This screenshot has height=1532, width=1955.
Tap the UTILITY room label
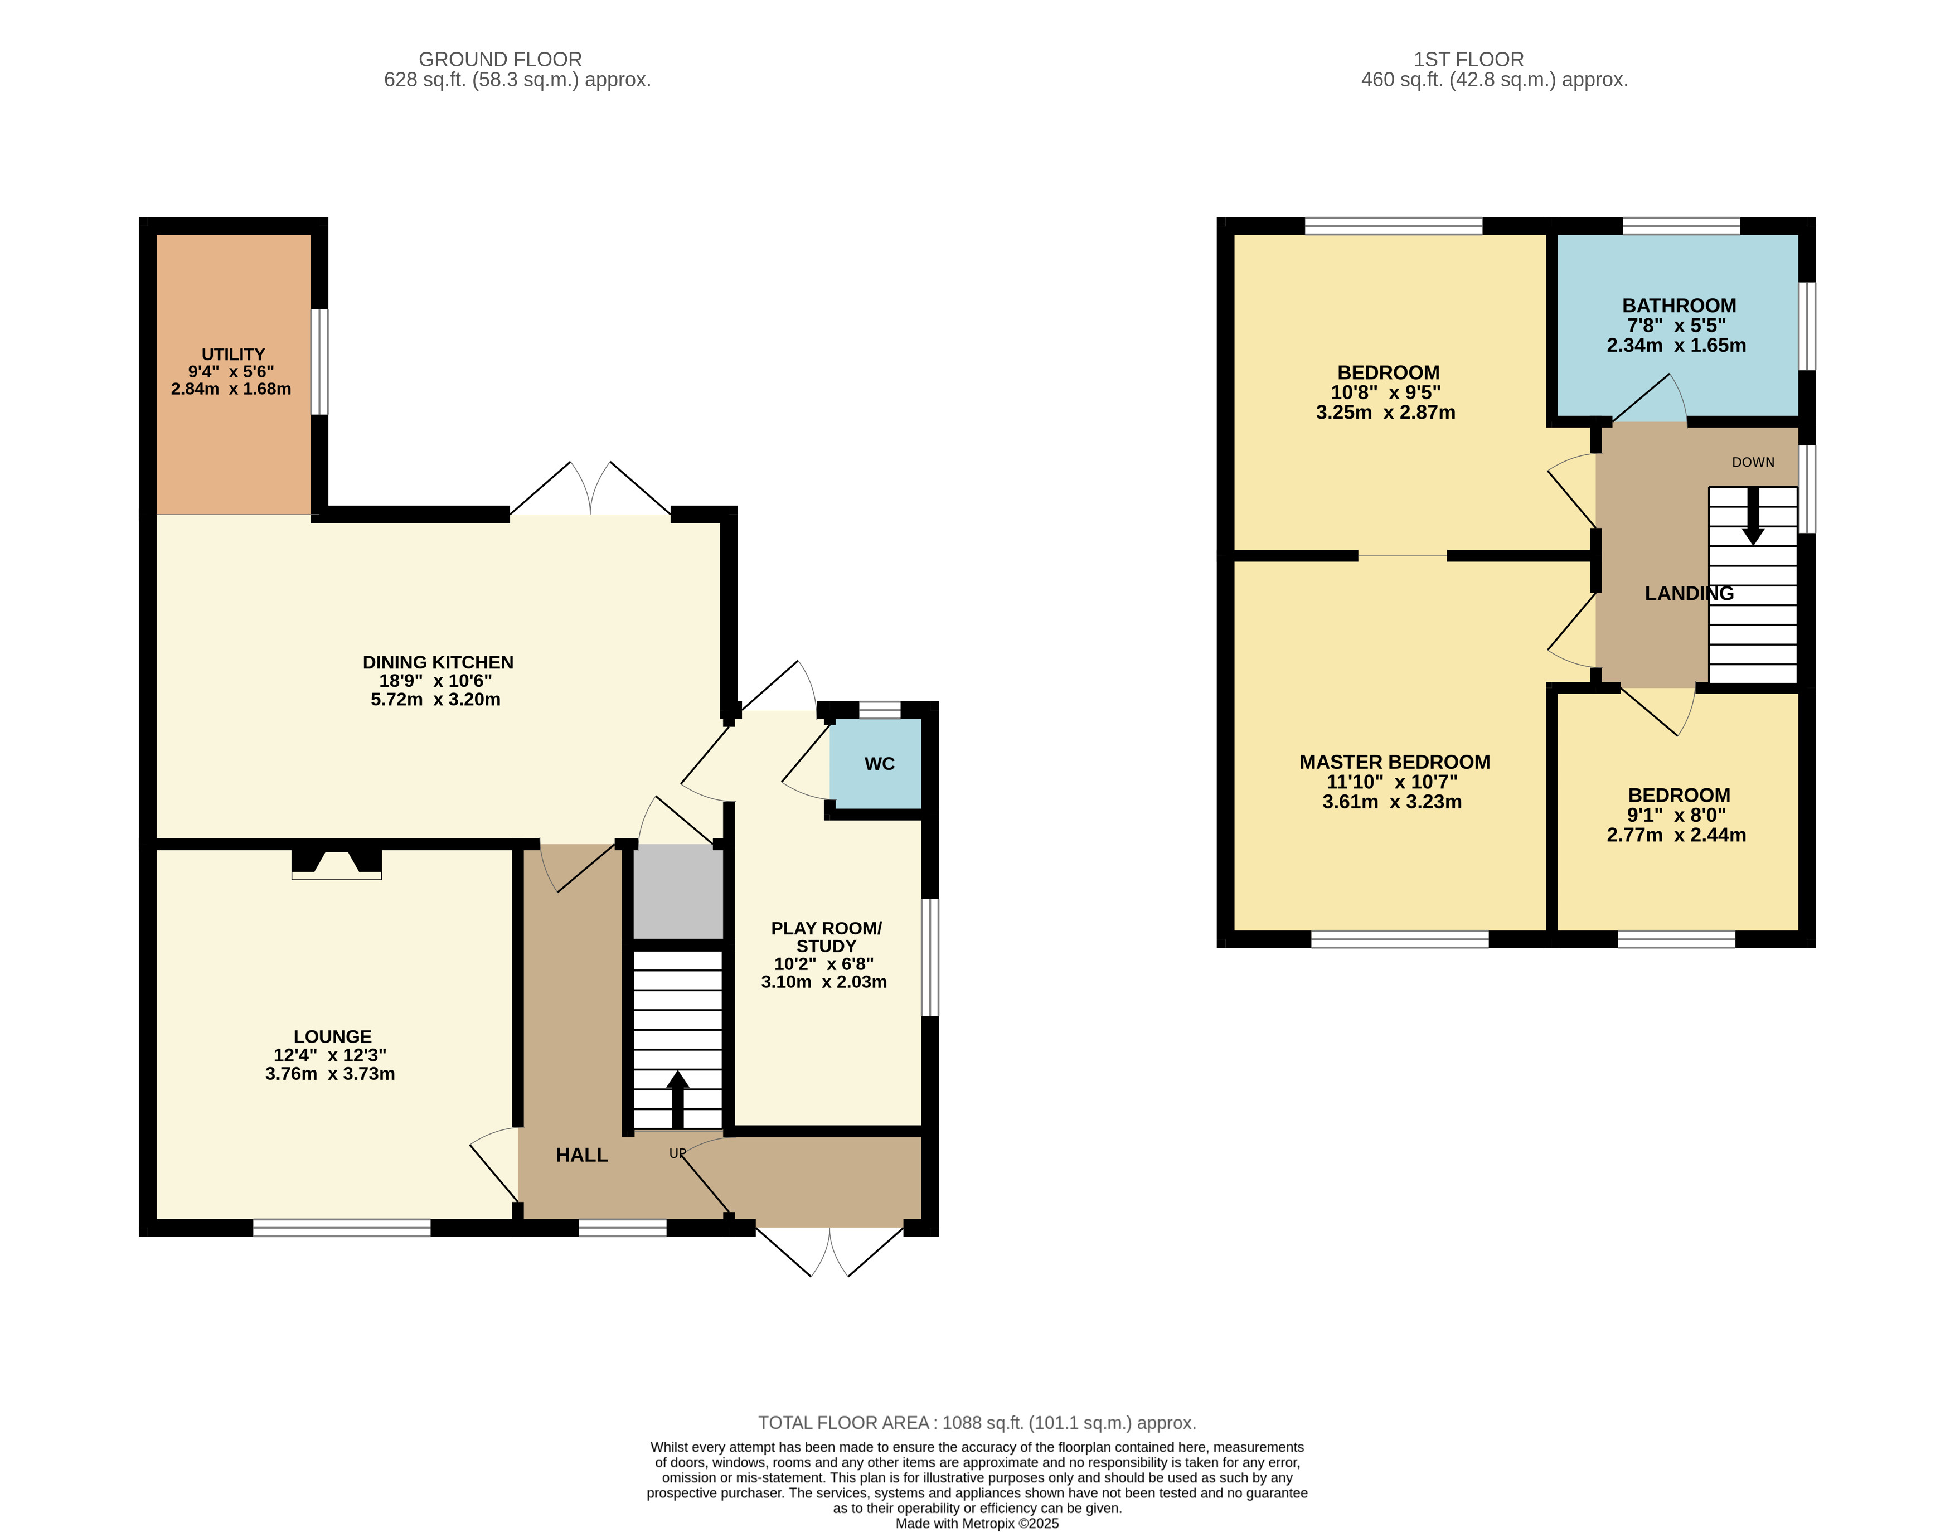coord(233,355)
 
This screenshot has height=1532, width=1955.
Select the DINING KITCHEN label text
coord(438,662)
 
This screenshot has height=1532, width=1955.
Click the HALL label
coord(582,1155)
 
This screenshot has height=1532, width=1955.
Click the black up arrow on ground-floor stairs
coord(677,1099)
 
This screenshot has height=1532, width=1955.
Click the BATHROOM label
coord(1679,305)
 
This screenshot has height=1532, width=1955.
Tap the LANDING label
coord(1689,593)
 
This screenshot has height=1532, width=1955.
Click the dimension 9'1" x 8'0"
coord(1677,815)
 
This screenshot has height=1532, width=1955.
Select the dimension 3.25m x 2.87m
coord(1385,413)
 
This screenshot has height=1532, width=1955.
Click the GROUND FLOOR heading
coord(501,59)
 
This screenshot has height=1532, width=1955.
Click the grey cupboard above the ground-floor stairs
coord(678,893)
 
